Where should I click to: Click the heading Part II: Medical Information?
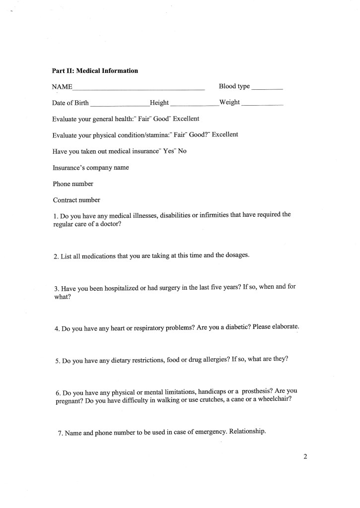[x=95, y=71]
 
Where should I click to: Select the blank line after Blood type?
[x=267, y=89]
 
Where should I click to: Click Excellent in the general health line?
[x=186, y=119]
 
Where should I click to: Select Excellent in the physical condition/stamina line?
[x=225, y=134]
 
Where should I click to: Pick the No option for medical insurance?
[x=182, y=151]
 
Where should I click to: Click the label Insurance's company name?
[x=91, y=168]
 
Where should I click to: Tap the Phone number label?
[x=73, y=184]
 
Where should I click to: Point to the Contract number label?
[x=76, y=200]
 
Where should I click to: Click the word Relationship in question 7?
[x=248, y=431]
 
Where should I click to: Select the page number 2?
[x=305, y=456]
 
